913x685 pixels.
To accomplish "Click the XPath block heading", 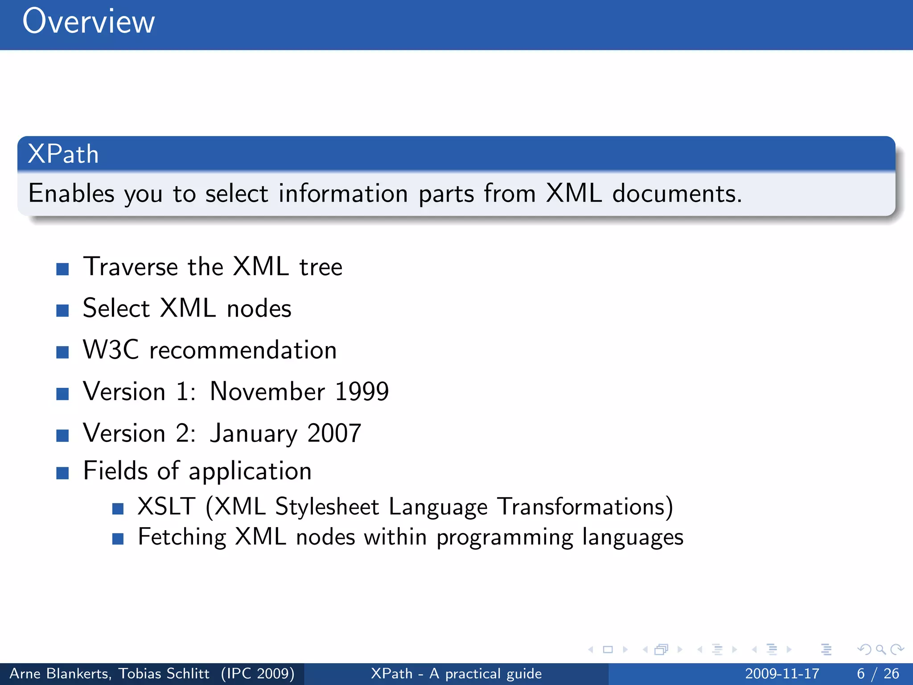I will (x=63, y=154).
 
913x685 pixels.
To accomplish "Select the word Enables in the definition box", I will (x=71, y=194).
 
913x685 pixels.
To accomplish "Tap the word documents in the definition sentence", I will (x=677, y=194).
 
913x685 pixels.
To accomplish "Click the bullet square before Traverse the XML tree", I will (x=62, y=269).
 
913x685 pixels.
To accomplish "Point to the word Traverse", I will (x=131, y=267).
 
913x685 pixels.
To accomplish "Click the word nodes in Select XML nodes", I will (x=259, y=309).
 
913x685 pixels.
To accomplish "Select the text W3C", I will (x=111, y=350).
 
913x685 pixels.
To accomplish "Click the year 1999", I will (x=362, y=392).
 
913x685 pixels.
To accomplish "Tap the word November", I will (x=267, y=392).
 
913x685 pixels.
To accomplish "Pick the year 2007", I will (x=334, y=433).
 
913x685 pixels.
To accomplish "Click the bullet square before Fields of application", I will (x=62, y=473).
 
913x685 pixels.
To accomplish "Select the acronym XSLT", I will (x=166, y=507).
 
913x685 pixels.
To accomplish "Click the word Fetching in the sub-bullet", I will (x=182, y=537).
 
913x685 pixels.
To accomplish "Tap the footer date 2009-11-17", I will (x=782, y=673).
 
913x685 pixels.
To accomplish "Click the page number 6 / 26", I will (x=878, y=673).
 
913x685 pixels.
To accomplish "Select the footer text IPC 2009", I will (x=258, y=673).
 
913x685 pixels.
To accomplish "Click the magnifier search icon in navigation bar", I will (x=880, y=649).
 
